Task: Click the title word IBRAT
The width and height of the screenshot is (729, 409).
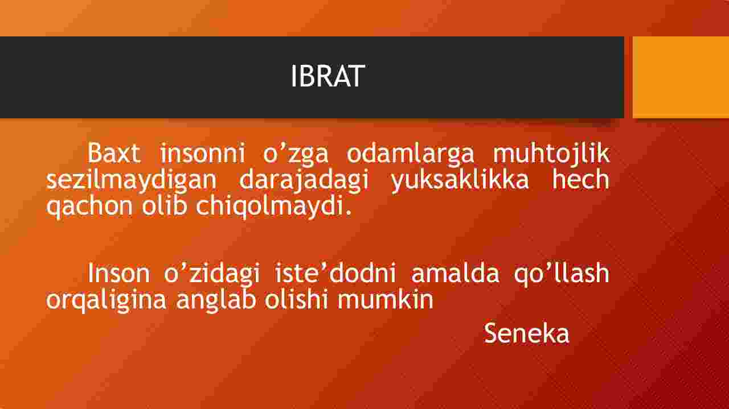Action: coord(327,76)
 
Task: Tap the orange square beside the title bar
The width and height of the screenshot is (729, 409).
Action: coord(681,77)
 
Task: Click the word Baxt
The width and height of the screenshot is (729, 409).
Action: coord(114,153)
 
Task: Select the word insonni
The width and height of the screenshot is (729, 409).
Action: coord(202,153)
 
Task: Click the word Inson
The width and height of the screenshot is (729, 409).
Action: coord(118,273)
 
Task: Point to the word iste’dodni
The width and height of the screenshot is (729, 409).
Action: coord(335,273)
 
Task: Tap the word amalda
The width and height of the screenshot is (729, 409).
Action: coord(455,273)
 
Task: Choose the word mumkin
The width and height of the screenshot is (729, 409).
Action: coord(386,299)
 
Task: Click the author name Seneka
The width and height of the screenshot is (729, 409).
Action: coord(527,333)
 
